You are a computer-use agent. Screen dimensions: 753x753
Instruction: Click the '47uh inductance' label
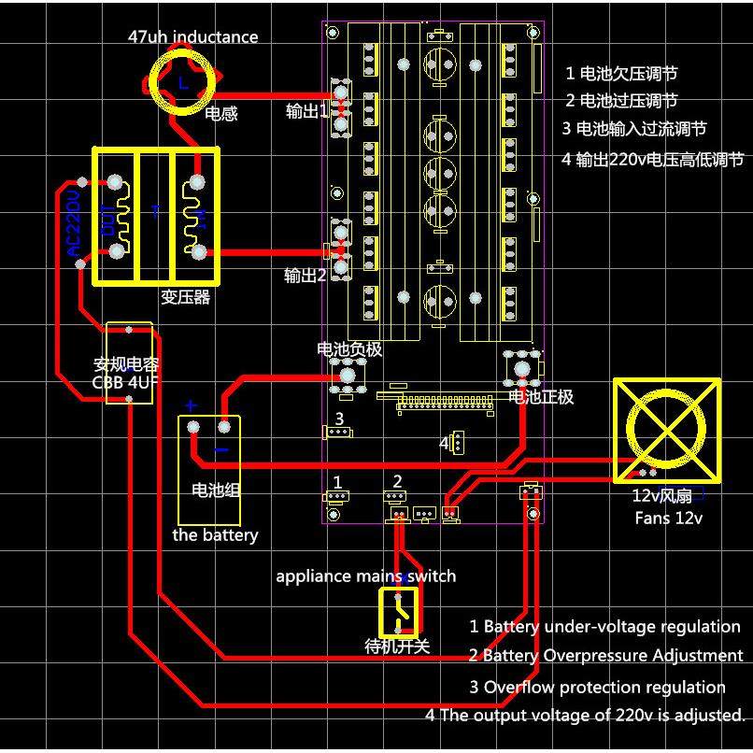click(x=192, y=37)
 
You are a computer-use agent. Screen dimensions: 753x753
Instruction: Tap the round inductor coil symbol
click(x=183, y=82)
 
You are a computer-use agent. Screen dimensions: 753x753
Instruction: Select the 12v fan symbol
click(x=666, y=430)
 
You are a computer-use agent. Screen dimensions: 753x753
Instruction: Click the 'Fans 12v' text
click(x=668, y=518)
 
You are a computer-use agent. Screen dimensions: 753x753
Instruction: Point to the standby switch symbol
click(x=399, y=611)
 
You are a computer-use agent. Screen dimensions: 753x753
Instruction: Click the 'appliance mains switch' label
click(x=365, y=575)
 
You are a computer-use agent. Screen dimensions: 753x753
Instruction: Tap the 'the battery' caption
click(x=215, y=535)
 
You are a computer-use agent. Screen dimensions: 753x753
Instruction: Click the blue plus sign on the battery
click(x=191, y=405)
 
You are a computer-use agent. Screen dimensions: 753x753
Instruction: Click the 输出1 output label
click(x=306, y=111)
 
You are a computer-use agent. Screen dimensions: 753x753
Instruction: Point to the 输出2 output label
click(x=305, y=276)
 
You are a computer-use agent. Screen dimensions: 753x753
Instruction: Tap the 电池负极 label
click(x=349, y=349)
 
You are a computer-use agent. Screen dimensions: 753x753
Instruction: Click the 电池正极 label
click(x=540, y=397)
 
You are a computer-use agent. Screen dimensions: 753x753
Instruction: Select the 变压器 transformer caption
click(x=185, y=298)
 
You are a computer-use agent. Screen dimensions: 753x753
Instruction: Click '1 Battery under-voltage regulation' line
click(x=604, y=627)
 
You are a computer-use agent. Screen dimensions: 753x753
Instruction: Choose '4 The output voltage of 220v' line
click(x=585, y=716)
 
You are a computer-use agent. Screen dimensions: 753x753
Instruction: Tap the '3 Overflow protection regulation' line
click(x=597, y=687)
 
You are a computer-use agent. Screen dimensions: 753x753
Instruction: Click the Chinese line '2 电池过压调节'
click(x=621, y=101)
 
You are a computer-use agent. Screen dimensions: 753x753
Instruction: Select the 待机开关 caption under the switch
click(x=396, y=646)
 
